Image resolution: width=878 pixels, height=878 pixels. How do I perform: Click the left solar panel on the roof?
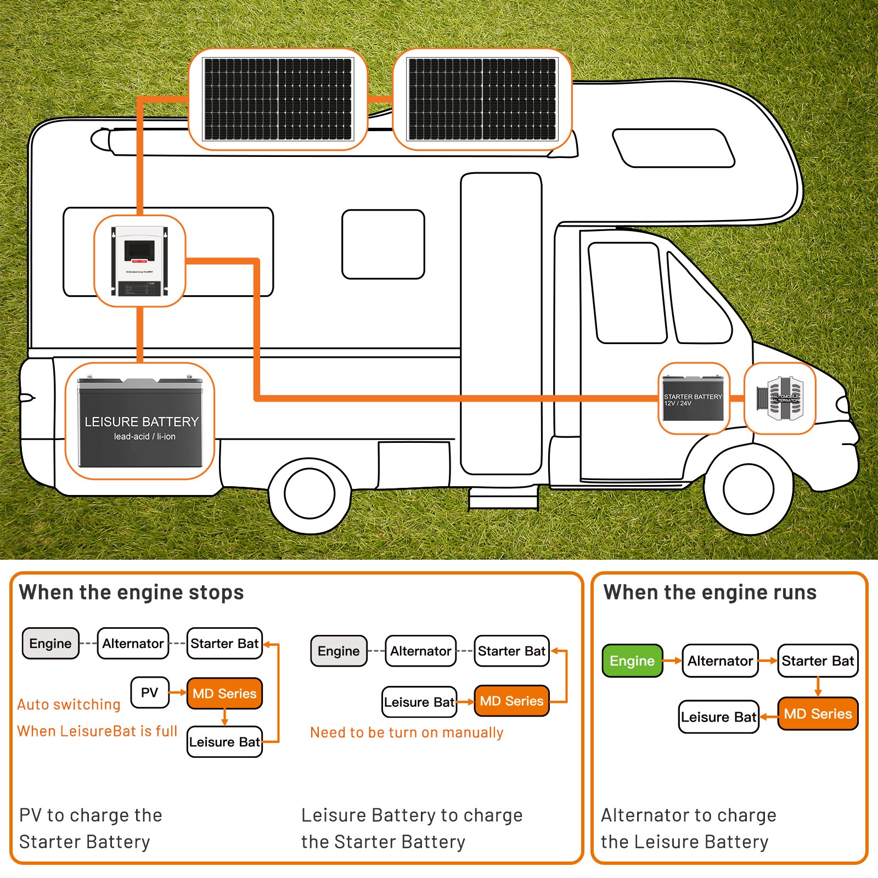[277, 99]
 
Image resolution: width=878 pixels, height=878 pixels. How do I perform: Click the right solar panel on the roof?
[482, 99]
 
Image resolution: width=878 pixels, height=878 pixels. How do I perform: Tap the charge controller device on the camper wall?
[139, 261]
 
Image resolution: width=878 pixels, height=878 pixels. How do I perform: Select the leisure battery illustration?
[140, 421]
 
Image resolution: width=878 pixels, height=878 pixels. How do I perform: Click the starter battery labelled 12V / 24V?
[693, 399]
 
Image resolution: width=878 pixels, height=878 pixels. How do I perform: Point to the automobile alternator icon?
[780, 399]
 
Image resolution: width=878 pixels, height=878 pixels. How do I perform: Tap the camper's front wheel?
[748, 488]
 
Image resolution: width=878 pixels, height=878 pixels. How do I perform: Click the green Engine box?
[632, 661]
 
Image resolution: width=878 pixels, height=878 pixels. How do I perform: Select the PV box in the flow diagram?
[149, 693]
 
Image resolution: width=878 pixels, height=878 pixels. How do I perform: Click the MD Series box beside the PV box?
[224, 694]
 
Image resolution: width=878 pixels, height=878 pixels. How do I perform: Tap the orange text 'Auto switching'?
[69, 705]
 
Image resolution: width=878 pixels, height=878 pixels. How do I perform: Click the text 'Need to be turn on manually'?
[407, 733]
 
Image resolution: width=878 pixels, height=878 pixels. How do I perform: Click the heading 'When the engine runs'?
[710, 593]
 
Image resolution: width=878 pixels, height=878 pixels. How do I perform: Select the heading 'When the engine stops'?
[131, 593]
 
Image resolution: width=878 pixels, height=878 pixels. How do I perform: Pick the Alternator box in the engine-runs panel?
[720, 661]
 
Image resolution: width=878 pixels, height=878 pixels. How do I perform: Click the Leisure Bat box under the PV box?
[224, 742]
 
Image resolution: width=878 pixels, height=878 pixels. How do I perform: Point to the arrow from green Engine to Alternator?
[672, 661]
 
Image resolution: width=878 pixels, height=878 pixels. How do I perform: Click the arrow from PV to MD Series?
[177, 693]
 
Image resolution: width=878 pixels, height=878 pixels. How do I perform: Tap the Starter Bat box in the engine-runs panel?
[818, 661]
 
